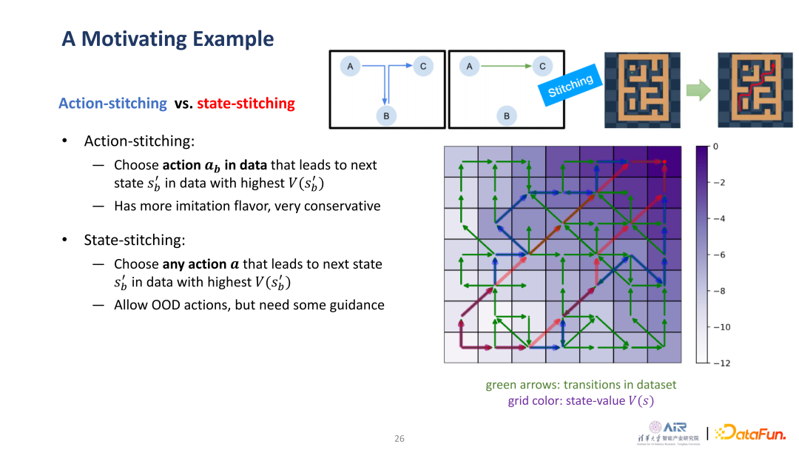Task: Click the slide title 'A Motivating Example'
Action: (x=167, y=38)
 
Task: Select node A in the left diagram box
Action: (x=350, y=67)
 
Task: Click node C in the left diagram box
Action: (x=422, y=67)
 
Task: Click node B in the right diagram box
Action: (x=507, y=115)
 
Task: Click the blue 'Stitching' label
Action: (x=570, y=86)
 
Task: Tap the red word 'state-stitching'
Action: (x=246, y=104)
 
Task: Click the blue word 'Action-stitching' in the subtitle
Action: (x=112, y=104)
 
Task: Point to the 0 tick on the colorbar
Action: (x=715, y=147)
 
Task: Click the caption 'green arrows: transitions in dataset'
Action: (x=580, y=385)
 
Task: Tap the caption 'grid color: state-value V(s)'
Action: (x=580, y=401)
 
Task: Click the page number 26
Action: (x=399, y=439)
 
